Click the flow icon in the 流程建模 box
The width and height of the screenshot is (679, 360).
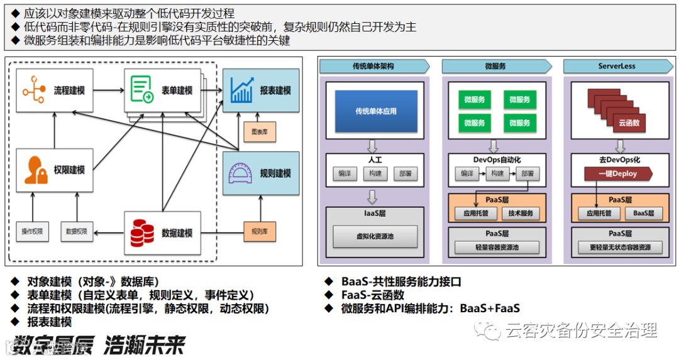coord(33,90)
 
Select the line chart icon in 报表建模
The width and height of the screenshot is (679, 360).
coord(242,90)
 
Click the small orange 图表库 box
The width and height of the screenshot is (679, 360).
coord(259,132)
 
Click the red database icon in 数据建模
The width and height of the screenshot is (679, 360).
coord(142,233)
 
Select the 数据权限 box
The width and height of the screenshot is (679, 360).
coord(77,231)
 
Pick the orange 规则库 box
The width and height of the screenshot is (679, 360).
coord(259,231)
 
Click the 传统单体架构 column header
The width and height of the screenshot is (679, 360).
coord(373,66)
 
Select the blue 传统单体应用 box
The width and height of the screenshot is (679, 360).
coord(375,111)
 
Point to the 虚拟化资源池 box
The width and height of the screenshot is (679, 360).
coord(375,237)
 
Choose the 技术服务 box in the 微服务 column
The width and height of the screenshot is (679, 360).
coord(520,213)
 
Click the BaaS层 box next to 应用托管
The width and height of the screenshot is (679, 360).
coord(643,213)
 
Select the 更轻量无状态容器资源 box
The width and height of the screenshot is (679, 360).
coord(620,247)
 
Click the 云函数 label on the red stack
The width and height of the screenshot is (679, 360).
coord(629,123)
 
